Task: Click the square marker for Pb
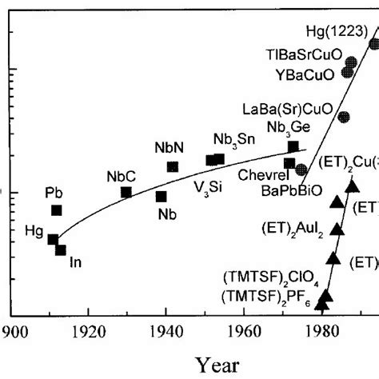click(57, 210)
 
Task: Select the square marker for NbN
click(172, 166)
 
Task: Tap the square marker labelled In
click(61, 250)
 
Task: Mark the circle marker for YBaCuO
click(347, 72)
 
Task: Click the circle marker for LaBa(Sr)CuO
click(344, 117)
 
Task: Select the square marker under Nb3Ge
click(293, 146)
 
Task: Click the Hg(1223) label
click(333, 33)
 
